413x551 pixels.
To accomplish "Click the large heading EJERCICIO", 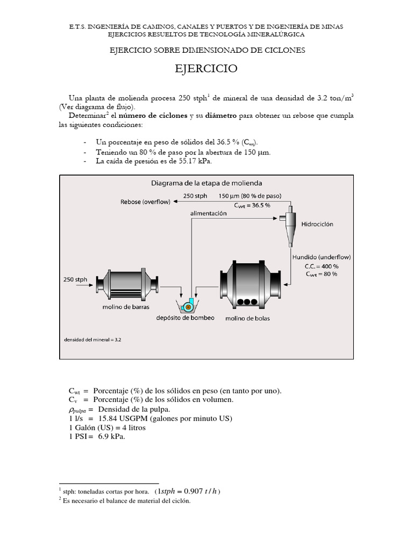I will tap(206, 69).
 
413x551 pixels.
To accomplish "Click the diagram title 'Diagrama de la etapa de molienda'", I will tap(206, 182).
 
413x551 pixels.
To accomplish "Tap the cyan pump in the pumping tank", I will tap(188, 307).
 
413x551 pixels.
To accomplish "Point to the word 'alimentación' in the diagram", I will tap(208, 213).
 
